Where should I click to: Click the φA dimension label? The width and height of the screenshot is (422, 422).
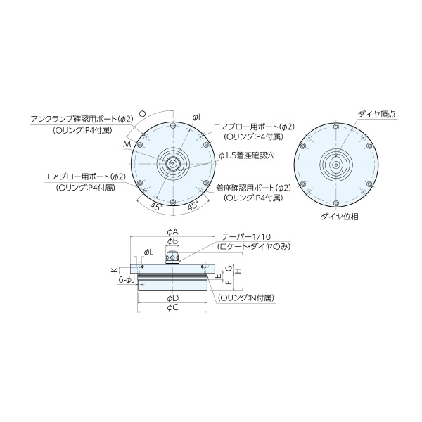[172, 231]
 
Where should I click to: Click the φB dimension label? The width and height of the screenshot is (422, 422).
[172, 241]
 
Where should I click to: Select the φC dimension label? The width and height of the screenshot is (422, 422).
[172, 307]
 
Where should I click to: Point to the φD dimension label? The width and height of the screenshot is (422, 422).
[172, 298]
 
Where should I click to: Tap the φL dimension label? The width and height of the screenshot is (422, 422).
[148, 252]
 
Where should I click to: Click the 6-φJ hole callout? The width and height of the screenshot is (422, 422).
[127, 280]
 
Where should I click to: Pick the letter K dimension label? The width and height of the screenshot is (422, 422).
[113, 269]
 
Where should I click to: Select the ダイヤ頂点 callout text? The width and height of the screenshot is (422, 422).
[376, 113]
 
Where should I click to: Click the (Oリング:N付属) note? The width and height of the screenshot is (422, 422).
[245, 298]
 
